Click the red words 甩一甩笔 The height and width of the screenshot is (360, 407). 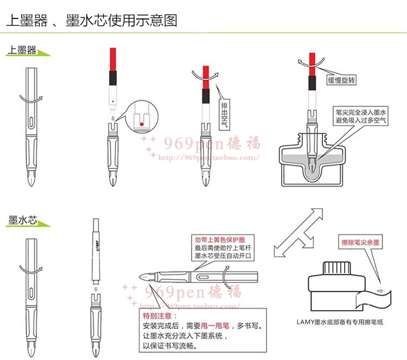pyautogui.click(x=215, y=325)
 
